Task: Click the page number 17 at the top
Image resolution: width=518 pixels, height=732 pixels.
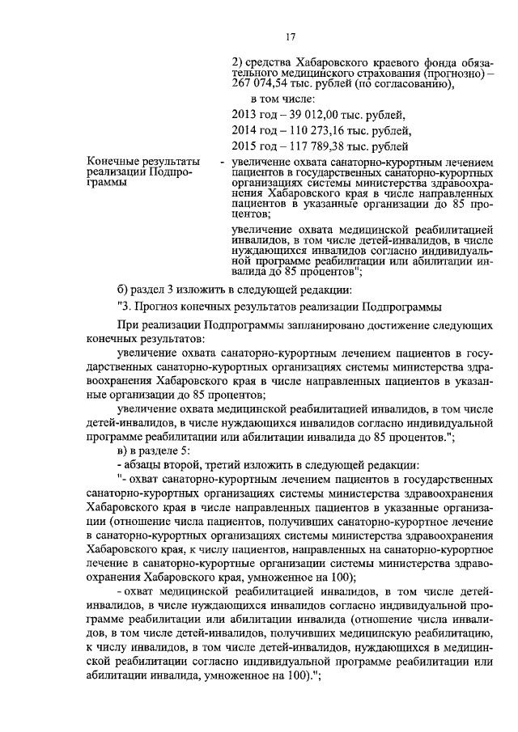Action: pos(291,36)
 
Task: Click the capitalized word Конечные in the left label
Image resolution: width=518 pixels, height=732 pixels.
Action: pos(113,163)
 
